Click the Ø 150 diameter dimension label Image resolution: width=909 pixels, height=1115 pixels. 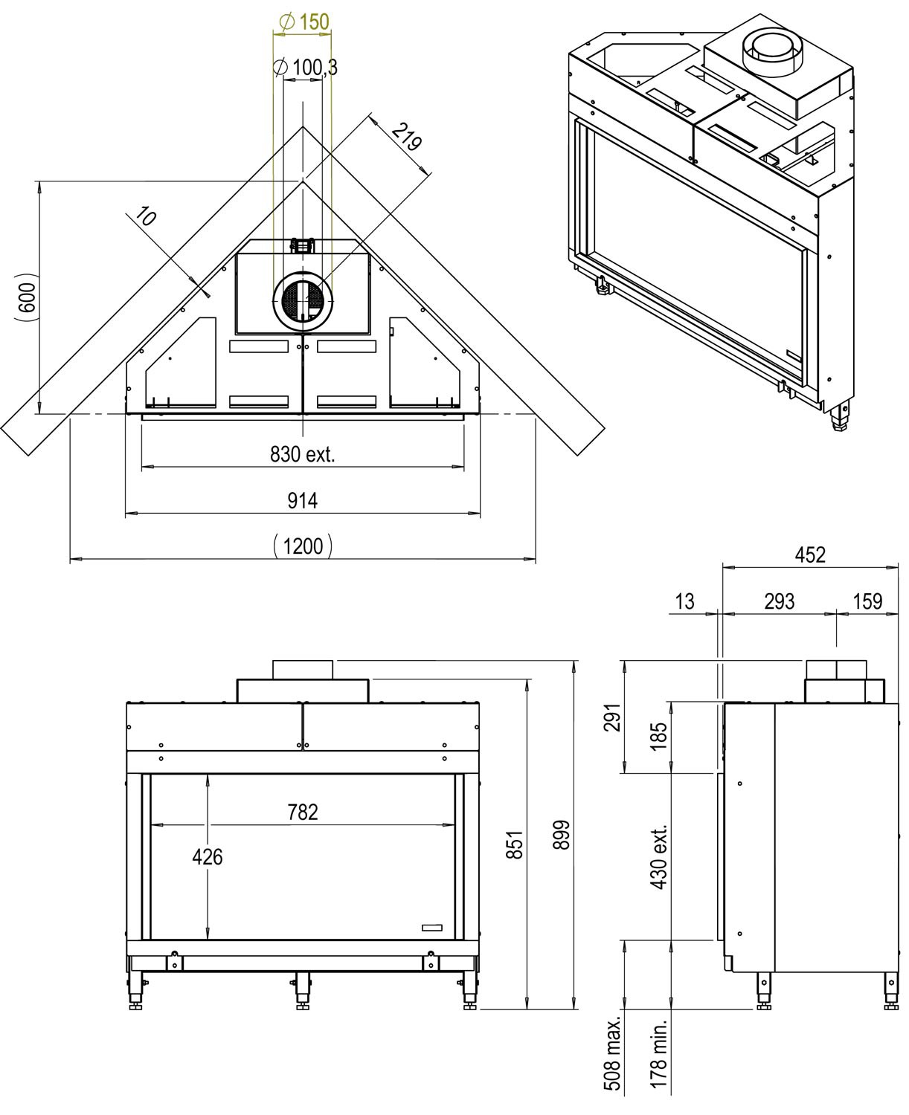coord(304,22)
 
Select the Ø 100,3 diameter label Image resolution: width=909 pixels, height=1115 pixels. coord(305,68)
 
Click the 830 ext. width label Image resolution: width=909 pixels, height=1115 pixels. coord(303,454)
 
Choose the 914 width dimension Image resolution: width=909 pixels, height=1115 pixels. coord(303,501)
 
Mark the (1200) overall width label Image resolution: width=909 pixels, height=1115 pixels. coord(303,546)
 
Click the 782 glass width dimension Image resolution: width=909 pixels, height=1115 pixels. coord(303,812)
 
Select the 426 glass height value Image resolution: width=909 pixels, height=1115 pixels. coord(207,857)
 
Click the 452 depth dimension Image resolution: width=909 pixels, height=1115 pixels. coord(810,555)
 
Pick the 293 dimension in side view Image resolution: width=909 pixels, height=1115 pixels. coord(779,601)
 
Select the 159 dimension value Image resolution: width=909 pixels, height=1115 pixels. coord(867,601)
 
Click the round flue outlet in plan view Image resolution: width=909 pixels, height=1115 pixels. coord(303,299)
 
